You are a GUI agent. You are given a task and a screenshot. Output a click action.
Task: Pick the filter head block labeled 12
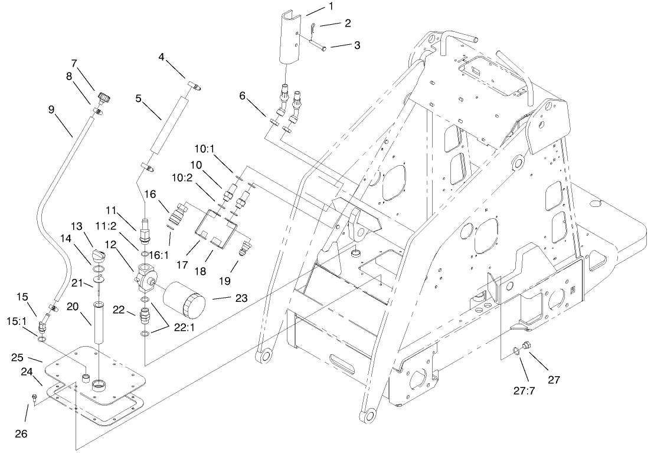[146, 277]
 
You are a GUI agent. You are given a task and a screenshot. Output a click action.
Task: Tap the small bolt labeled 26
[34, 400]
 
